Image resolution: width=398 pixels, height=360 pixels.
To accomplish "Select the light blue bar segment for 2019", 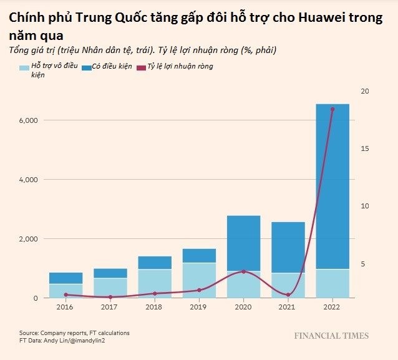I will click(199, 280).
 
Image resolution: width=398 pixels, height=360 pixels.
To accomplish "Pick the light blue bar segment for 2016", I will click(66, 291).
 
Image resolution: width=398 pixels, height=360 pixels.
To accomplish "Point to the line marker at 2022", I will click(332, 109).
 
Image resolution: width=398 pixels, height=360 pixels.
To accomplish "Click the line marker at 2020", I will click(243, 271).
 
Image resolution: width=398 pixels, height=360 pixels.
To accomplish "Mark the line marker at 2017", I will click(110, 297).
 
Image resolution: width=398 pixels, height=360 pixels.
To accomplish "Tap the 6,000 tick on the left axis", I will click(28, 120).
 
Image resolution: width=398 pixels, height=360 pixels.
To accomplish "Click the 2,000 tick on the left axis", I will click(28, 239).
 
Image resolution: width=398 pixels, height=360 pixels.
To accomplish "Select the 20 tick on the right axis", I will click(365, 91).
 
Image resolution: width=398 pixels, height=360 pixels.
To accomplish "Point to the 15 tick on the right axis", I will click(365, 148).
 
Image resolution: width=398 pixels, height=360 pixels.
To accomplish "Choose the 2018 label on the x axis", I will click(155, 308).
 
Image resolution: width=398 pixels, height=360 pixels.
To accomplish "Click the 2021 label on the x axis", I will click(288, 308).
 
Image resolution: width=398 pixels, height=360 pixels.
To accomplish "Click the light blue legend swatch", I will click(24, 67).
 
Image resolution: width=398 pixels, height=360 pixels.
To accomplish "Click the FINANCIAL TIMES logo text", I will click(331, 336).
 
